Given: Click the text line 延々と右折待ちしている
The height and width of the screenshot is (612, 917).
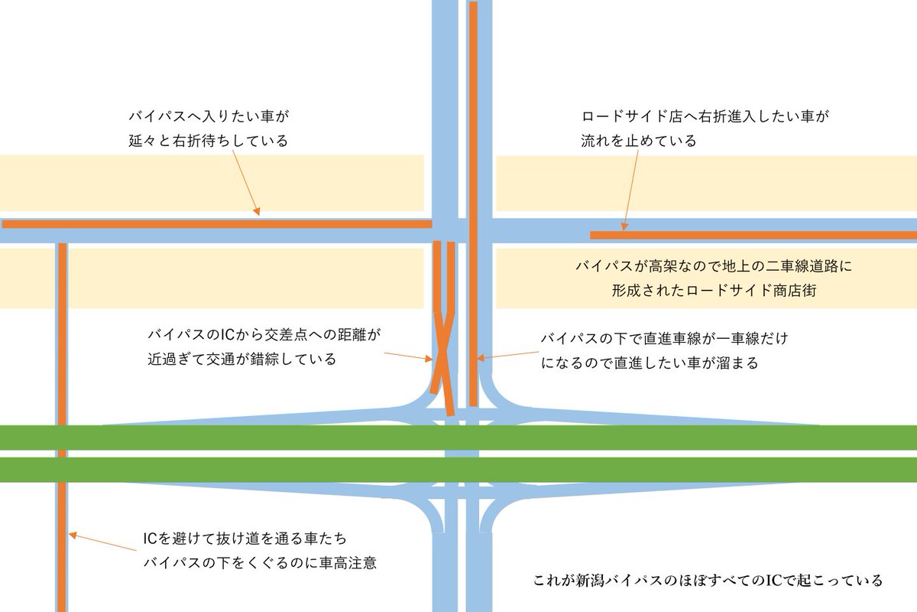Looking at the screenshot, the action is point(208,142).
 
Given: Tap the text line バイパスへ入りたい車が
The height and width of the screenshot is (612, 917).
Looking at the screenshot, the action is point(211,117).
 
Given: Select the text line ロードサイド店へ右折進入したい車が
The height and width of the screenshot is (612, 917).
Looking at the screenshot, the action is point(705,118).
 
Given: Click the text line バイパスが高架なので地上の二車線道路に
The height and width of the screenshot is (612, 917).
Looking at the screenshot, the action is point(713,267).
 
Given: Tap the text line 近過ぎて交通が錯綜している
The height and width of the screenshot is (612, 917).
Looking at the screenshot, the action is point(241,360).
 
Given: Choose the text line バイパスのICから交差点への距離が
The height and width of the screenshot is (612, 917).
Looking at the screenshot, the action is point(263,335).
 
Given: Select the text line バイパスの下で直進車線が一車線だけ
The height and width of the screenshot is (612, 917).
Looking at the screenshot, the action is point(663,338).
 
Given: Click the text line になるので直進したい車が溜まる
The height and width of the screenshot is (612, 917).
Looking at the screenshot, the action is point(650,363).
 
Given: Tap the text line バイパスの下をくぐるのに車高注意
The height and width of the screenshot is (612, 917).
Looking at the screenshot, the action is point(261,564).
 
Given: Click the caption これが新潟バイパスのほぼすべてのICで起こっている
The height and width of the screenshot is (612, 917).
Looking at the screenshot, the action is point(708,581).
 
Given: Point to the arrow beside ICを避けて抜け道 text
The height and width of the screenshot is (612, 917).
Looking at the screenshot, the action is point(103,541).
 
